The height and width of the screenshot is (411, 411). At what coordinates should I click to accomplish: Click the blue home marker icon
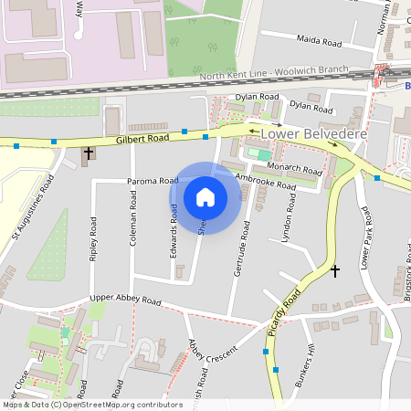coord(205,196)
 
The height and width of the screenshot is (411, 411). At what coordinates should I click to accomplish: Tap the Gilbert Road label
coord(142,139)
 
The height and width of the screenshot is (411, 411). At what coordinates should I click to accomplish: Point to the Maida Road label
coord(319,41)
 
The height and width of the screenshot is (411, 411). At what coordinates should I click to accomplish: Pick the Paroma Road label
coord(153,181)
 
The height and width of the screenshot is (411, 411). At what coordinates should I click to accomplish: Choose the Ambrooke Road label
coord(265,181)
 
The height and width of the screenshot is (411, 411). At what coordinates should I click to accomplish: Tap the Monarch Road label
coord(295,169)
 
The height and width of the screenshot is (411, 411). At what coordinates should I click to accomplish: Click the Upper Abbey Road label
coord(125,300)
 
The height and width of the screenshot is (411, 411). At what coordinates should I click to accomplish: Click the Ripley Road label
coord(93,239)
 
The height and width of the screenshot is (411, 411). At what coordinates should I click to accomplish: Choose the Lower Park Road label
coord(365,237)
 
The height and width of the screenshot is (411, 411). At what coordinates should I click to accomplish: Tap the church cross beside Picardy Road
coord(334,271)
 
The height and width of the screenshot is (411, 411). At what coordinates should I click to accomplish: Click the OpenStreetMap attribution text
coord(92,405)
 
